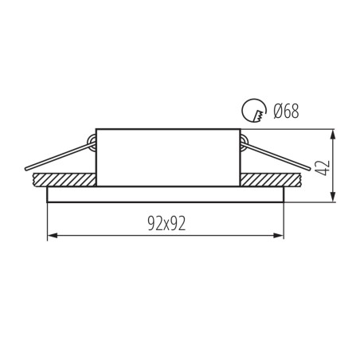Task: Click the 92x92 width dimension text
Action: (166, 224)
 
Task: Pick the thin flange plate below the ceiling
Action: (166, 194)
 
